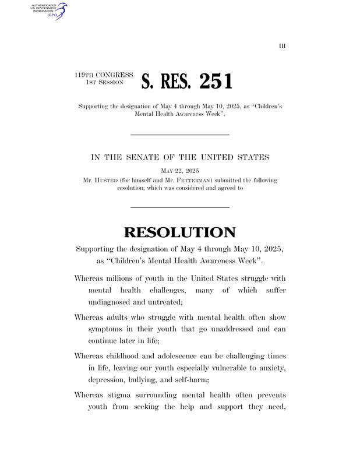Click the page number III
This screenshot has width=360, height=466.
click(283, 45)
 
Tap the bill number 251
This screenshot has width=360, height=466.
click(208, 82)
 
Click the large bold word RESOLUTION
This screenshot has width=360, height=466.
click(179, 232)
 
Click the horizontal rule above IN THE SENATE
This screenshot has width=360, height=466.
click(179, 135)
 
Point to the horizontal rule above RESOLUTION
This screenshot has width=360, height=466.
click(179, 207)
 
